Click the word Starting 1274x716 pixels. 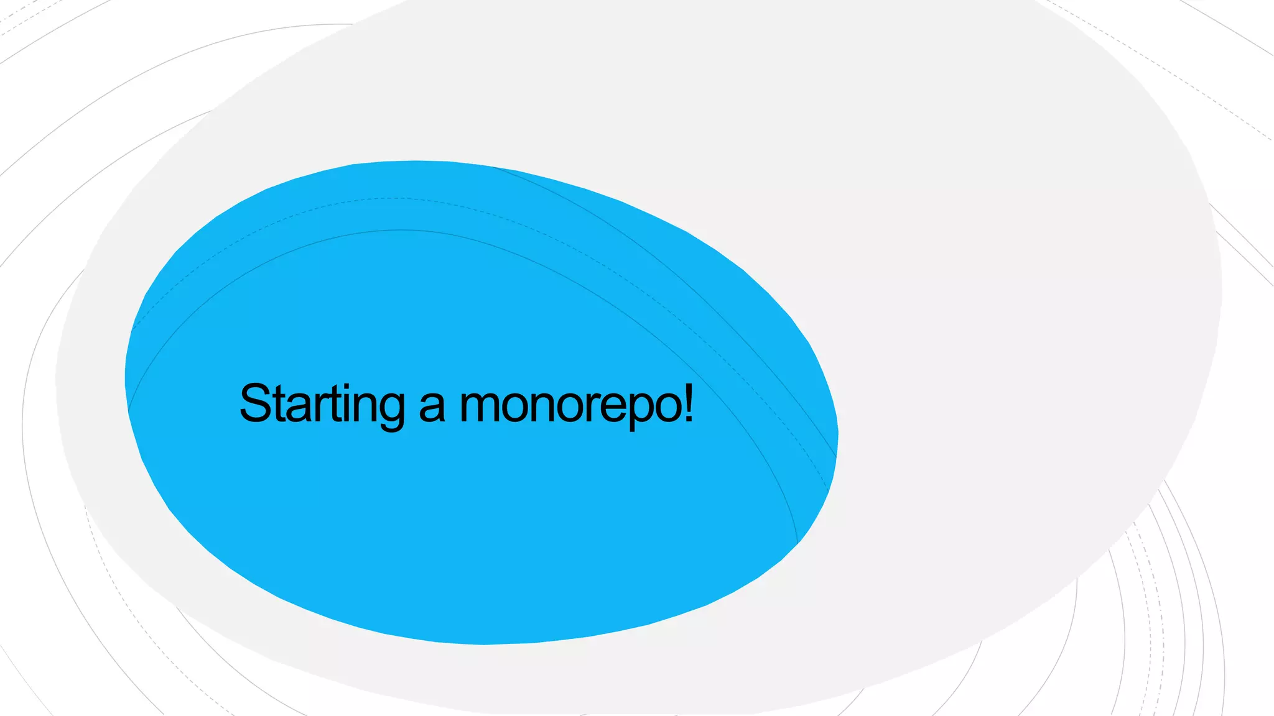pyautogui.click(x=322, y=404)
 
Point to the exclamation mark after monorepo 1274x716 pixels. pyautogui.click(x=688, y=403)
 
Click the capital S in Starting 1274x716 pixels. pyautogui.click(x=256, y=403)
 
